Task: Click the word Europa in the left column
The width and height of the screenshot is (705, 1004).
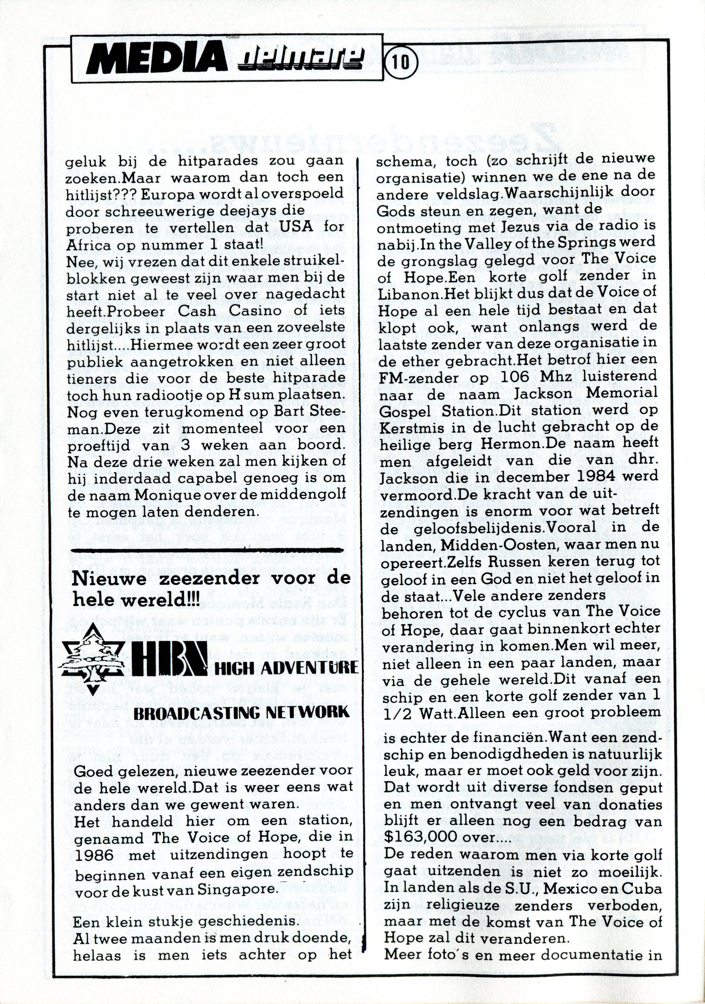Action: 166,194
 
